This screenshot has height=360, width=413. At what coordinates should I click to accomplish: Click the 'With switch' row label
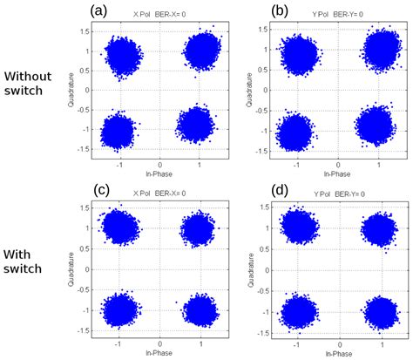pos(25,260)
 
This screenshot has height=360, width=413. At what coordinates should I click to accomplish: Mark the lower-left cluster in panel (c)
pos(120,311)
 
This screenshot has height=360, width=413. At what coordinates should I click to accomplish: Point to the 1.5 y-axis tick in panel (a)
pos(88,31)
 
